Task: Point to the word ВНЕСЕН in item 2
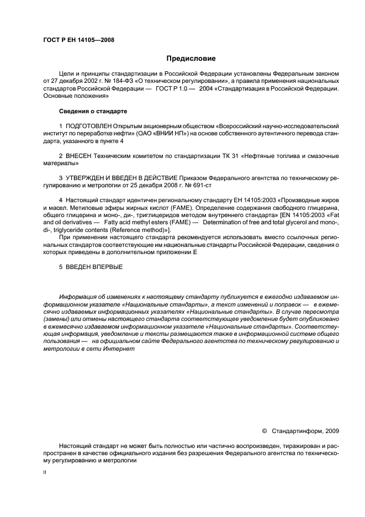(80, 156)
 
